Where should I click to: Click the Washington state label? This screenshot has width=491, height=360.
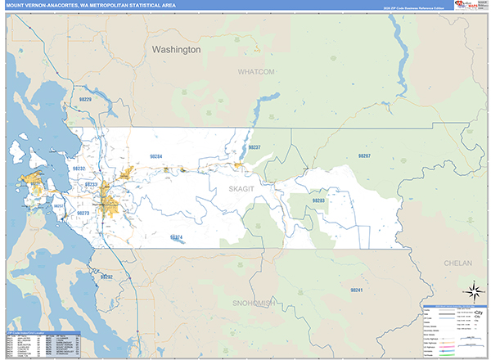176,50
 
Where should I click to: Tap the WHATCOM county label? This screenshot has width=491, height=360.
256,72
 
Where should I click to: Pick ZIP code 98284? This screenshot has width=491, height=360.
155,156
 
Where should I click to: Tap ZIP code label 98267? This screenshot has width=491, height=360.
364,155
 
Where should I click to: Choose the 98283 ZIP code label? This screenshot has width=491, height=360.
318,200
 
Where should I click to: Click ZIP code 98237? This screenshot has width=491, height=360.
255,147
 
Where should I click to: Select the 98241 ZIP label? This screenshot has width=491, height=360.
355,290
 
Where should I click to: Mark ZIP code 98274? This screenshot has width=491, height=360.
177,237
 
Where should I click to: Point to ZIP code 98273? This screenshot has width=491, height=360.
83,213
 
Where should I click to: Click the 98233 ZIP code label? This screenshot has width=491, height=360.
91,185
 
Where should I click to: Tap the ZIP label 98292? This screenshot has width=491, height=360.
106,277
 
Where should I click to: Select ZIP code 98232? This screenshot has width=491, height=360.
79,168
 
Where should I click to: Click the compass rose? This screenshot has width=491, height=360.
472,290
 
